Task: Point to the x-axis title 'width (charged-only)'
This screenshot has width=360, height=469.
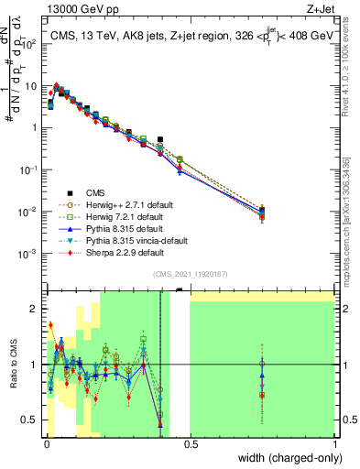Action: click(285, 458)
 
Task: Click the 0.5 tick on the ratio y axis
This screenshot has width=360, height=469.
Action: click(31, 420)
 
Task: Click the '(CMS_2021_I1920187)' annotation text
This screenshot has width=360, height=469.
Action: click(190, 274)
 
